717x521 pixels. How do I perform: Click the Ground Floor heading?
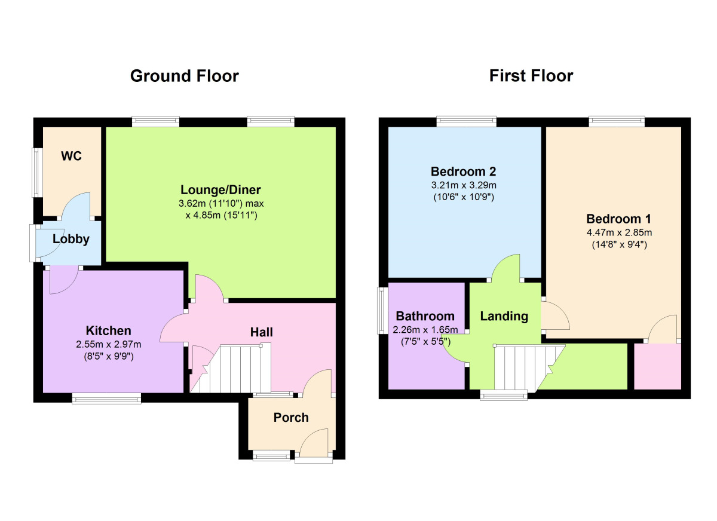[x=184, y=76]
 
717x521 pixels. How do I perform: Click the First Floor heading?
[x=531, y=76]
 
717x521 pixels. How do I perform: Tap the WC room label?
[x=71, y=157]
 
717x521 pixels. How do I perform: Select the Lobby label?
[x=71, y=240]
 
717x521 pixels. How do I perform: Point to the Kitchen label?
[x=108, y=330]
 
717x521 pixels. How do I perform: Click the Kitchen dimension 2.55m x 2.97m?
[x=108, y=344]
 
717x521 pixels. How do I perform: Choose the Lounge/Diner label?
[x=221, y=190]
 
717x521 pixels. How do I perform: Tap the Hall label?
[x=261, y=332]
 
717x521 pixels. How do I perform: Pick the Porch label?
[x=291, y=417]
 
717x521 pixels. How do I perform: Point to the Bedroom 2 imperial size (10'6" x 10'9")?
[x=464, y=197]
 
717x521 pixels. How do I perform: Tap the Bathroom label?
[x=425, y=316]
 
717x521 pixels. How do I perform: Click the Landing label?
[x=504, y=316]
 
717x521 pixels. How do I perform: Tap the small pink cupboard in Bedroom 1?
[x=657, y=367]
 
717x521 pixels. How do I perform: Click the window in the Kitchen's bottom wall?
[x=107, y=397]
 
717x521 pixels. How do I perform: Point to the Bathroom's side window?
[x=381, y=310]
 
